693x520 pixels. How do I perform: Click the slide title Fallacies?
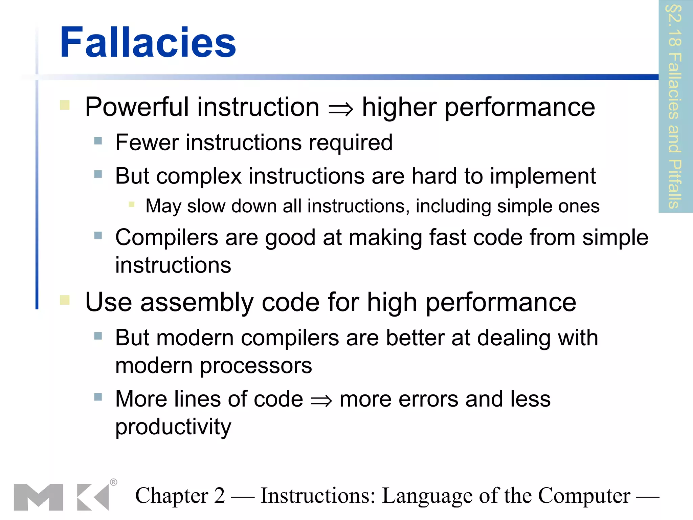click(x=148, y=43)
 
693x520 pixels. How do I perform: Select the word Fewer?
click(x=147, y=143)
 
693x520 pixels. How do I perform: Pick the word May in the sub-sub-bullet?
click(x=163, y=206)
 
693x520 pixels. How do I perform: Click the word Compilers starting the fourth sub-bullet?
click(x=166, y=237)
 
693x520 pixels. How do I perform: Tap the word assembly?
click(x=197, y=302)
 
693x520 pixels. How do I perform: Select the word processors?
click(x=256, y=366)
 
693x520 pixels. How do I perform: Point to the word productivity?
click(x=173, y=427)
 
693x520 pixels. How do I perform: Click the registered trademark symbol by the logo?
click(x=114, y=482)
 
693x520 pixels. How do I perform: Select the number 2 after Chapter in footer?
click(x=219, y=496)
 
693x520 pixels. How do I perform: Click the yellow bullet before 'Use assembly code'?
click(x=65, y=300)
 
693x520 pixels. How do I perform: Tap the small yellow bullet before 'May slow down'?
click(x=132, y=204)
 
